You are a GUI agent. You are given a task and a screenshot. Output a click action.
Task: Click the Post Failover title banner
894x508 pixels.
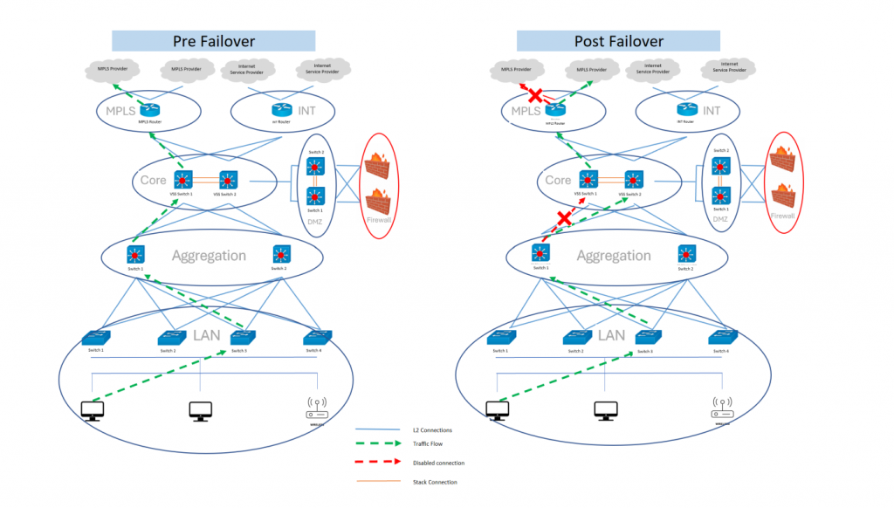pos(618,41)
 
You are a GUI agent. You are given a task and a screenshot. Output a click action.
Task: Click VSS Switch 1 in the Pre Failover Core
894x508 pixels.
pos(183,181)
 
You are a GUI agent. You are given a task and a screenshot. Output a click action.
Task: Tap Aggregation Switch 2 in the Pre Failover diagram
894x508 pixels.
pos(279,254)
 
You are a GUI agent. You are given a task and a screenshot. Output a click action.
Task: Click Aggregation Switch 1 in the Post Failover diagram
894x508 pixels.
pos(540,254)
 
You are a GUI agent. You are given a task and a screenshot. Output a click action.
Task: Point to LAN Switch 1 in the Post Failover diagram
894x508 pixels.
pos(499,337)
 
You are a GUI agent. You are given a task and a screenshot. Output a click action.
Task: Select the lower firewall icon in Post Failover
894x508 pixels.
pos(783,195)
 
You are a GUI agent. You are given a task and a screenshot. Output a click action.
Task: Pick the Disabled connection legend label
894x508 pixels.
pos(438,463)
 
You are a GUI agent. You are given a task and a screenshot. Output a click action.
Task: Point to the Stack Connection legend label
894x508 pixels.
pos(434,482)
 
